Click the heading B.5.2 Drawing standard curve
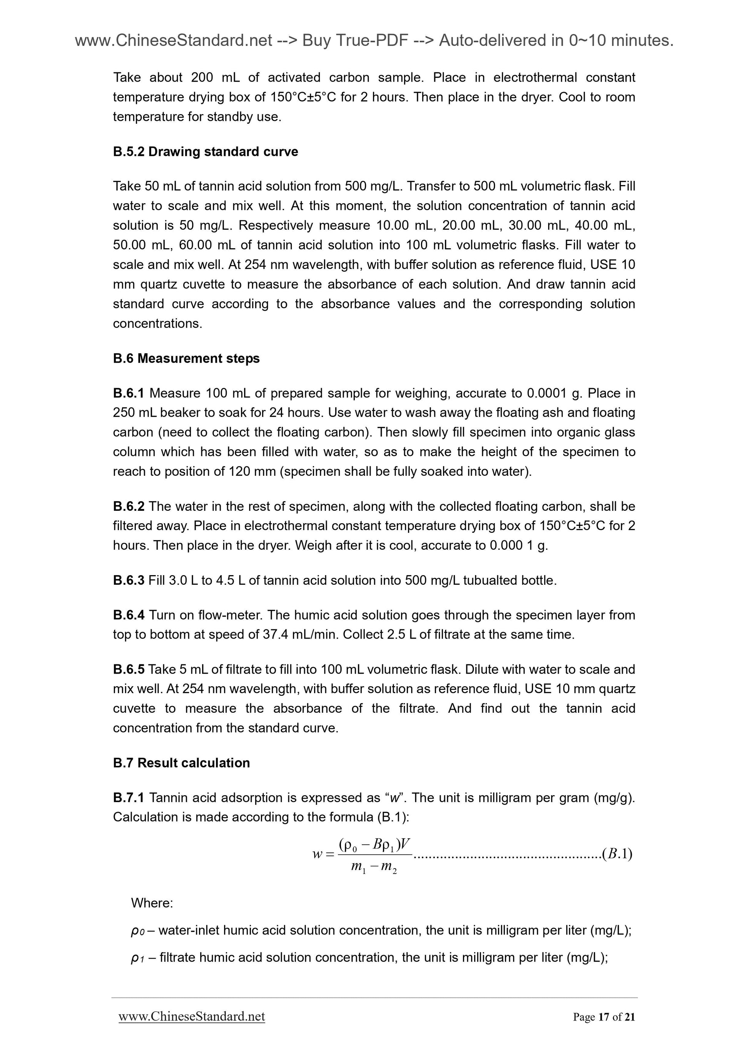[206, 152]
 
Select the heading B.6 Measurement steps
[186, 359]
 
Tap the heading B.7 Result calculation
[181, 763]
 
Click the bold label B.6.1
[128, 394]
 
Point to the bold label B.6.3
[128, 580]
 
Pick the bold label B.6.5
[128, 669]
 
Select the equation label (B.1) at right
[617, 854]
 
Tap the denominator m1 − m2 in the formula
[374, 867]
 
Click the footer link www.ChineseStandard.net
[192, 1017]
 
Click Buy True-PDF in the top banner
[355, 41]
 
